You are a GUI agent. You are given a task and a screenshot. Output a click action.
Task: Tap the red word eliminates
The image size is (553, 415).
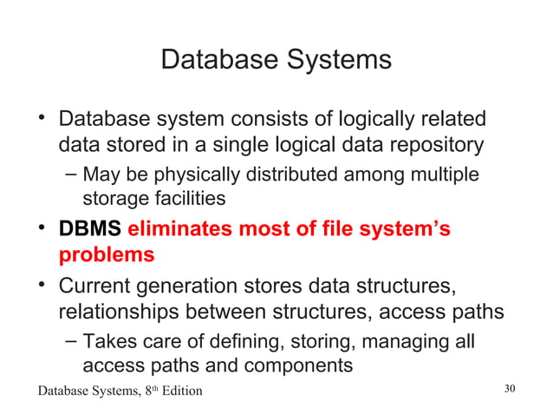point(181,230)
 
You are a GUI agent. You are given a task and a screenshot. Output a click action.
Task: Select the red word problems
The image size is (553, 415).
point(107,255)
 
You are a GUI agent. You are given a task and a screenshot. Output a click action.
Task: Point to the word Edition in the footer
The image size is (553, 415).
point(178,391)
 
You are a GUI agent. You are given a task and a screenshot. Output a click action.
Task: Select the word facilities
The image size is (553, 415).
point(182,199)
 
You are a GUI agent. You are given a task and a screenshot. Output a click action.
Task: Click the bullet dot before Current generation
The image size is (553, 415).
point(41,285)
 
